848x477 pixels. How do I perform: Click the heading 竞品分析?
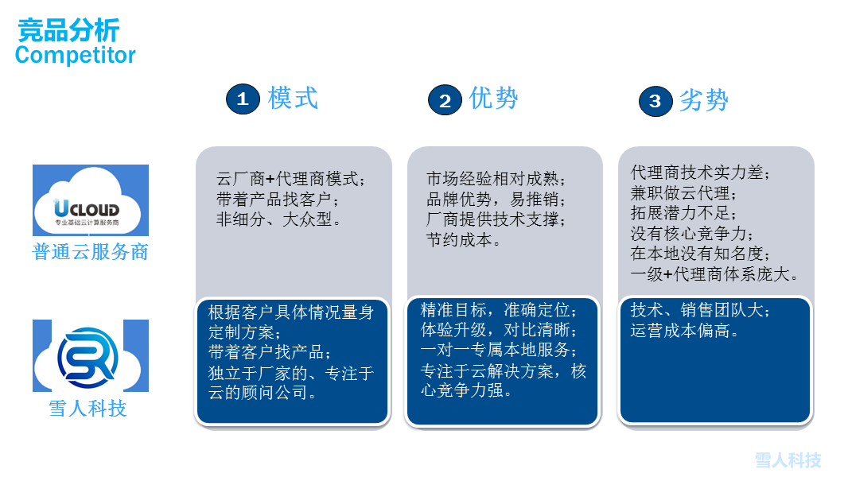tap(68, 29)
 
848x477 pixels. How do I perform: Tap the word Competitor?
tap(75, 55)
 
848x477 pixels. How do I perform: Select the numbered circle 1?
tap(243, 99)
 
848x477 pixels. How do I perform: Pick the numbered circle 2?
tap(445, 100)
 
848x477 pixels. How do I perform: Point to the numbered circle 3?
tap(655, 101)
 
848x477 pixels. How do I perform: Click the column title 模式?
tap(293, 98)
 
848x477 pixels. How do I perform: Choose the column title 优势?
tap(493, 98)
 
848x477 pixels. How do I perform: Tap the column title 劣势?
tap(703, 100)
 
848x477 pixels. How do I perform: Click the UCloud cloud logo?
tap(91, 200)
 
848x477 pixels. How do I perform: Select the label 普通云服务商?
tap(91, 252)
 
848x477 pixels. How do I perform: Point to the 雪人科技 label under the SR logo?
tap(88, 409)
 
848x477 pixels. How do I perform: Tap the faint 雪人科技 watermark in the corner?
tap(788, 460)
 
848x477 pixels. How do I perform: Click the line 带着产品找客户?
tap(278, 200)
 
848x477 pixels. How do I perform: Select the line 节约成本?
tap(464, 239)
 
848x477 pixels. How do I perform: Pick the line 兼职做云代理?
tap(683, 193)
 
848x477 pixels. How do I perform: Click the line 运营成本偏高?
tap(685, 330)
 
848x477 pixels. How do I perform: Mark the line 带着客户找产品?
tap(270, 352)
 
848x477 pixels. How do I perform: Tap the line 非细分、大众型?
tap(278, 219)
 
